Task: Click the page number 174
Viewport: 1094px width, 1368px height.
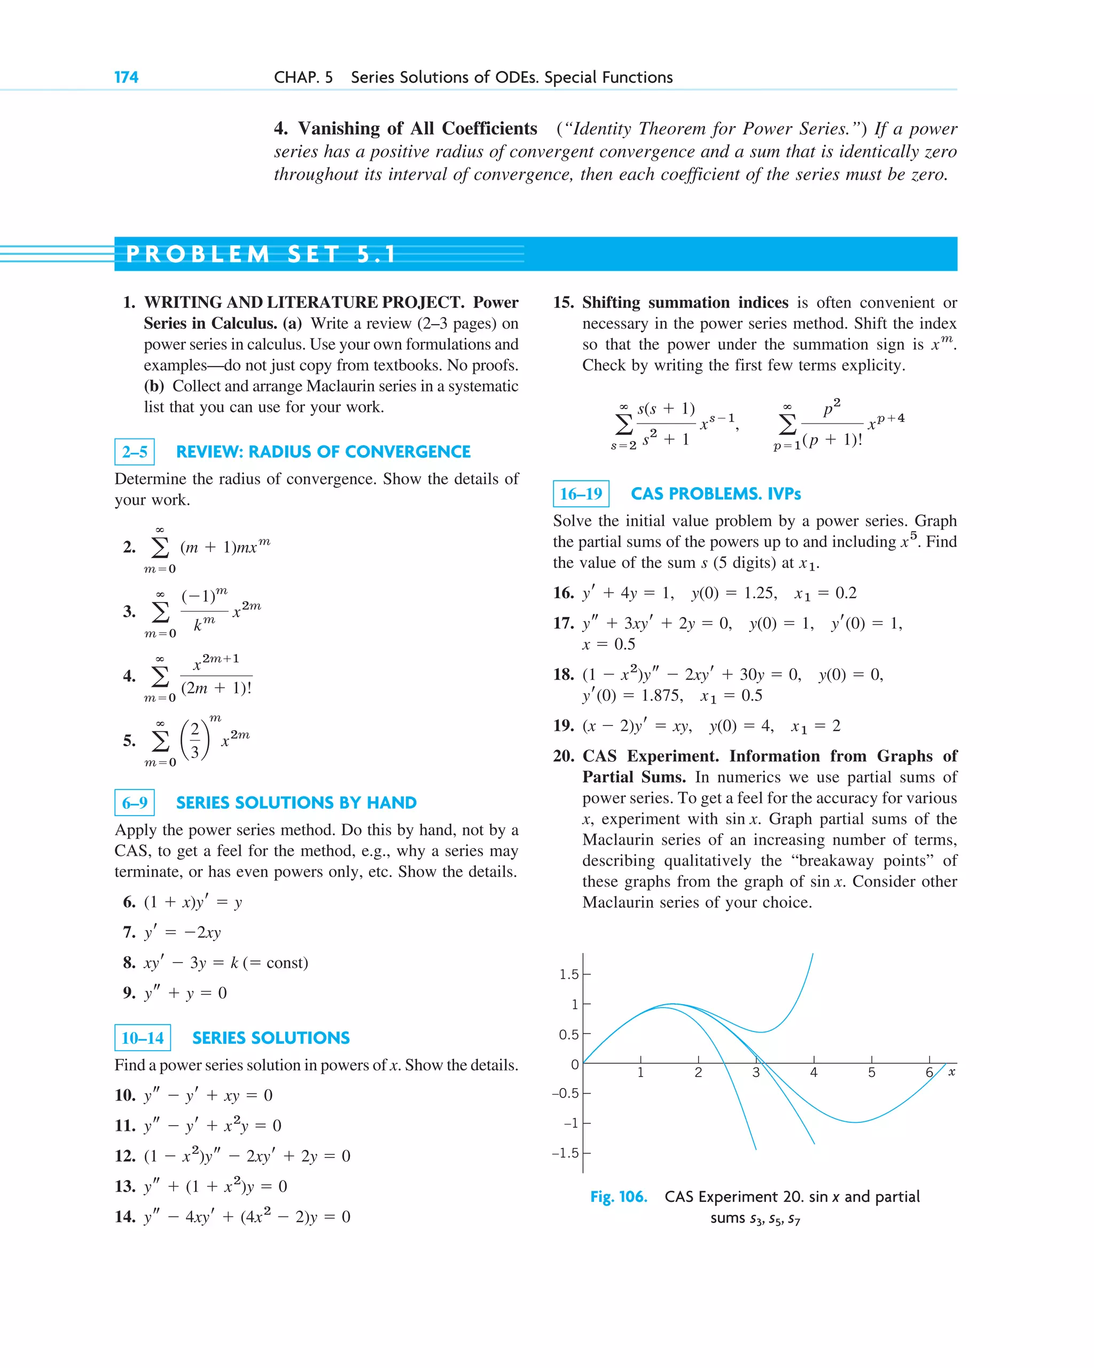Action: pyautogui.click(x=126, y=77)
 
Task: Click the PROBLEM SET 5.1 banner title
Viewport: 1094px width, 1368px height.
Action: pyautogui.click(x=261, y=254)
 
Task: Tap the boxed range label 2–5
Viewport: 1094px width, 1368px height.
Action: pyautogui.click(x=135, y=452)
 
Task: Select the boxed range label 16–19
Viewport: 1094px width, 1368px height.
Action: pyautogui.click(x=581, y=494)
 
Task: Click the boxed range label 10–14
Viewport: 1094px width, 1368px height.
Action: pyautogui.click(x=143, y=1037)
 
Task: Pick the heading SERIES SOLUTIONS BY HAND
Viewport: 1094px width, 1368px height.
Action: pyautogui.click(x=296, y=803)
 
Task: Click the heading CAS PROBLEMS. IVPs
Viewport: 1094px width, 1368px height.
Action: pyautogui.click(x=715, y=494)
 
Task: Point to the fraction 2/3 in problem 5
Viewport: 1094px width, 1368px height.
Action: pyautogui.click(x=195, y=740)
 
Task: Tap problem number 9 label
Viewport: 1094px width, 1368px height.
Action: pyautogui.click(x=129, y=993)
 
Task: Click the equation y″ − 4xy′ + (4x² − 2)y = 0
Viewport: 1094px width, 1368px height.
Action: pyautogui.click(x=247, y=1216)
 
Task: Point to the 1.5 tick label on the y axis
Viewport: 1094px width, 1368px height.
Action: pyautogui.click(x=568, y=974)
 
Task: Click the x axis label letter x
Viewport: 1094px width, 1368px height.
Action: pyautogui.click(x=951, y=1072)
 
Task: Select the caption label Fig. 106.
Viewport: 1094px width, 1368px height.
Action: pyautogui.click(x=618, y=1197)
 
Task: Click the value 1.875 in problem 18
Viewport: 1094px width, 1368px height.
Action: pyautogui.click(x=662, y=695)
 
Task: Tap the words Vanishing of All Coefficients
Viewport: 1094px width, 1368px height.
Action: pyautogui.click(x=418, y=129)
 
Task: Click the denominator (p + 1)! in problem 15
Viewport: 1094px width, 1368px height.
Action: pyautogui.click(x=832, y=440)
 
